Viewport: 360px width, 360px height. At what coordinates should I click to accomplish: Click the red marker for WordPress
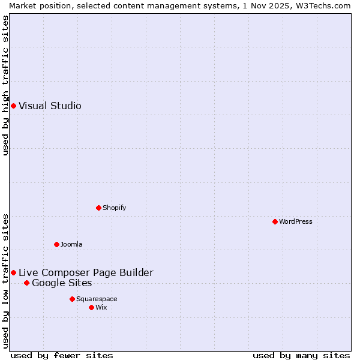click(275, 221)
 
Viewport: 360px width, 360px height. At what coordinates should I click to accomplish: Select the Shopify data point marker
click(98, 208)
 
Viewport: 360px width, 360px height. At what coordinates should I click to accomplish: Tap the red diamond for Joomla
click(56, 244)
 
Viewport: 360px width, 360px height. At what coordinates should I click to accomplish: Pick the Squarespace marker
click(72, 299)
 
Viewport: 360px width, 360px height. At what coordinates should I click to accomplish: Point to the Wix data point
click(91, 307)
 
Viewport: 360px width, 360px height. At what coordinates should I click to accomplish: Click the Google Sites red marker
click(26, 283)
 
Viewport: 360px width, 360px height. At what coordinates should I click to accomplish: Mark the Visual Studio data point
click(13, 106)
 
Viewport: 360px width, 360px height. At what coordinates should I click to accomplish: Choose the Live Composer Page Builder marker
click(13, 272)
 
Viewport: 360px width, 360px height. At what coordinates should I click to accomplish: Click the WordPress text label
click(296, 221)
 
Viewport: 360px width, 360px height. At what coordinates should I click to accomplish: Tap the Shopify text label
click(115, 208)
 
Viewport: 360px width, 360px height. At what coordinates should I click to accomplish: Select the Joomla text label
click(71, 244)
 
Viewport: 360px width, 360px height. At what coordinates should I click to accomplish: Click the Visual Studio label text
click(50, 106)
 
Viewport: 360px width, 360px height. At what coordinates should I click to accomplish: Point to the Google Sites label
click(62, 283)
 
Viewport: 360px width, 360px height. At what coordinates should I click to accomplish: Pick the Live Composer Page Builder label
click(86, 273)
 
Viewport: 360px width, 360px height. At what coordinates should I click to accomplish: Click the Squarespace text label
click(97, 299)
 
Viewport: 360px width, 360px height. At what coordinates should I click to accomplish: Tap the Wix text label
click(101, 307)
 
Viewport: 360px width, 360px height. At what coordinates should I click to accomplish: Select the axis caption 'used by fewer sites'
click(62, 355)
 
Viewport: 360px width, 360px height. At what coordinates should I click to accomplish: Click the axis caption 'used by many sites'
click(301, 355)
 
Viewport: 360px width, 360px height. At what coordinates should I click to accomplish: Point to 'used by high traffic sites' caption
click(6, 85)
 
